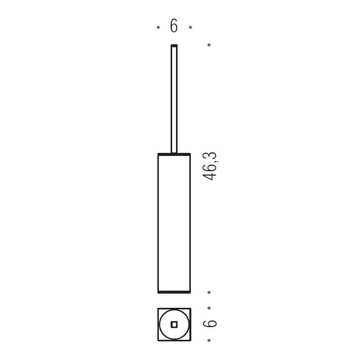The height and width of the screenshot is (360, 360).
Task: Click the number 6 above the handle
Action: tap(174, 26)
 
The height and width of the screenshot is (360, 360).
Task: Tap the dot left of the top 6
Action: tap(158, 27)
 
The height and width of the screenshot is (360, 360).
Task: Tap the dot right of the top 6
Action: tap(190, 27)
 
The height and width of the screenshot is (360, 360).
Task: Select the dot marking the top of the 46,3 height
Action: tap(209, 45)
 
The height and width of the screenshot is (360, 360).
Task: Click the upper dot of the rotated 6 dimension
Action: tap(209, 309)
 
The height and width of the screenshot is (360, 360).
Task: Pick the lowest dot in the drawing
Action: tap(209, 340)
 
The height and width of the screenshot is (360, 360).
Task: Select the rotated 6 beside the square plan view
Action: tap(210, 324)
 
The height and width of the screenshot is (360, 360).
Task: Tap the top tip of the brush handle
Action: tap(174, 46)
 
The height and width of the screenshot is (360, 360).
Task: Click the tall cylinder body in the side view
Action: tap(174, 221)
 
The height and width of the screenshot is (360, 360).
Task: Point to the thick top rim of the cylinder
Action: tap(174, 154)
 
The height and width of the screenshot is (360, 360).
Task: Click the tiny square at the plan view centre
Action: tap(174, 324)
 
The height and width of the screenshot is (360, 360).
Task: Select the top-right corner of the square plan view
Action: tap(190, 309)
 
